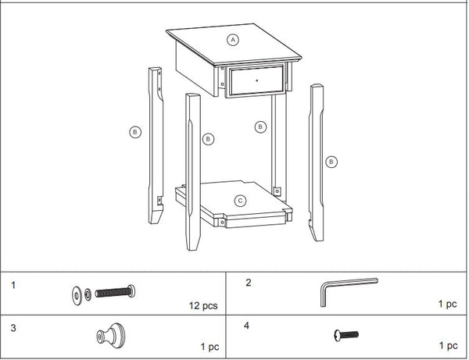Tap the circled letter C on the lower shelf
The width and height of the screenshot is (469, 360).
[241, 200]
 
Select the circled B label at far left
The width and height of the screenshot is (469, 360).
[135, 133]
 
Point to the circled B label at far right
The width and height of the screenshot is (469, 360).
[331, 162]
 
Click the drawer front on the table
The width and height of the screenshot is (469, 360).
[256, 82]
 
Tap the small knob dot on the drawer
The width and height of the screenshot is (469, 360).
[256, 81]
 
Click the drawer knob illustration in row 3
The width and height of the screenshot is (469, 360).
[105, 336]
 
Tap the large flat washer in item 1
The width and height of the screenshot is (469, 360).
[77, 294]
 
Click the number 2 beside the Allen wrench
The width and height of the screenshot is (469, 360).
[248, 282]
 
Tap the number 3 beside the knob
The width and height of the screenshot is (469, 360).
[13, 325]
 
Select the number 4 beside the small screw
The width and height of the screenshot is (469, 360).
[248, 325]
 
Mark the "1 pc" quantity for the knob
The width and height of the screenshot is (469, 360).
[209, 344]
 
